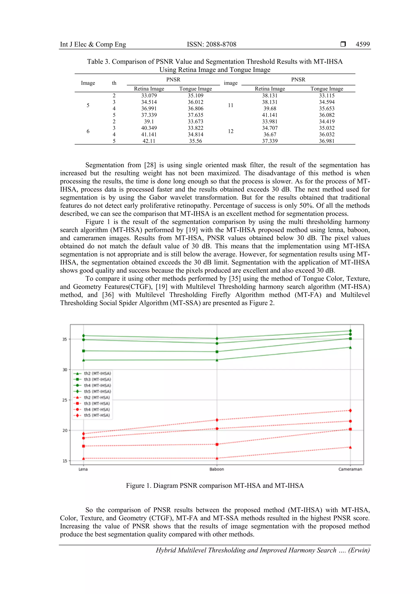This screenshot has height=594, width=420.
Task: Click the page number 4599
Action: coord(363,44)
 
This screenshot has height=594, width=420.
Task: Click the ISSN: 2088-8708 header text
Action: coord(212,44)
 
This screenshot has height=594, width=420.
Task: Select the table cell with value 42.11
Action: coord(149,141)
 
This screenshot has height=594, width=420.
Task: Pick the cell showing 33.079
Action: coord(149,95)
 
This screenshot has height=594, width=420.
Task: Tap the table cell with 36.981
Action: coord(327,141)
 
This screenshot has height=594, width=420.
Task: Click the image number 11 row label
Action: coord(231,105)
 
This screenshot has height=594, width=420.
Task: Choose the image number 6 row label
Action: coord(88,131)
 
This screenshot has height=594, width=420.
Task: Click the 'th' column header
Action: coord(114,83)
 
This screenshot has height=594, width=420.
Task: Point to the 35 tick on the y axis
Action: coord(65,339)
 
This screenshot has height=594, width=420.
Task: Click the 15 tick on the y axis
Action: coord(65,461)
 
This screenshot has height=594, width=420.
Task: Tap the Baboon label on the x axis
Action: coord(217,469)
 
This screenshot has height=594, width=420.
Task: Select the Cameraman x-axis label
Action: coord(350,469)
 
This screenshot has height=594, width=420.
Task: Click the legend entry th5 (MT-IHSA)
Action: coord(97,391)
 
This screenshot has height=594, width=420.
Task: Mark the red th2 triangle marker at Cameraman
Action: coord(350,447)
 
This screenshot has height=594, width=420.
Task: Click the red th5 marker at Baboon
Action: coord(217,420)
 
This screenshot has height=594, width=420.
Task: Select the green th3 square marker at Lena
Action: coord(83,351)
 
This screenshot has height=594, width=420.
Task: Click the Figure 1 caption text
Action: coord(215,486)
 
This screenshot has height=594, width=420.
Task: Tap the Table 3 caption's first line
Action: coord(215,62)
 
